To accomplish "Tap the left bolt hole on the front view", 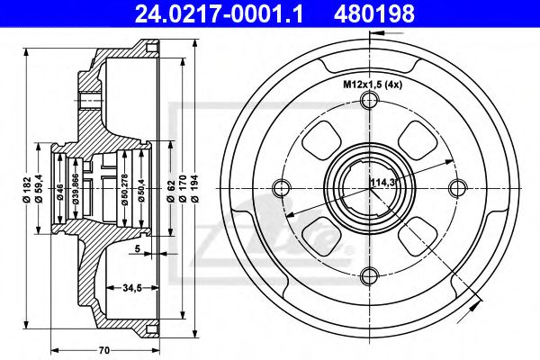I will click(280, 187).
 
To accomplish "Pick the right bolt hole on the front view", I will click(456, 187).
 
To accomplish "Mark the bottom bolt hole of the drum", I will click(368, 275).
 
